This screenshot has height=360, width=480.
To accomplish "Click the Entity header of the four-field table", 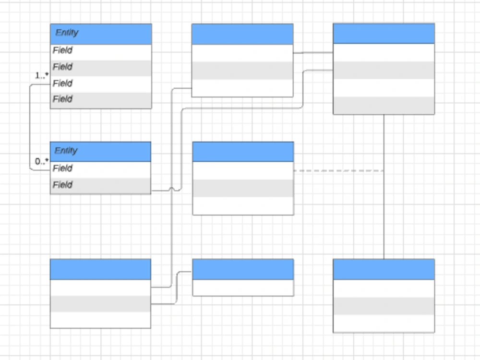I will coord(101,34).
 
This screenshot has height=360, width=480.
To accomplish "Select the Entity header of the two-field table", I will coord(100,151).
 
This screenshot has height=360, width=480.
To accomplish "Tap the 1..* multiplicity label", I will coord(42,75).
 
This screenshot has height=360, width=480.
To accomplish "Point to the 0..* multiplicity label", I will coord(42,162).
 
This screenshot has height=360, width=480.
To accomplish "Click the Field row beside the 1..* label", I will coord(101,84).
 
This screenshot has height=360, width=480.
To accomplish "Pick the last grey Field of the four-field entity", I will coord(101,99).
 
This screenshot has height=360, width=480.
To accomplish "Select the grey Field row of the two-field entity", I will coord(100,185).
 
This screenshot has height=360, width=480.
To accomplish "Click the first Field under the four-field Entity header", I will coord(101,50).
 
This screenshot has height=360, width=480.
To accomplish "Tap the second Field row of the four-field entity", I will coord(101,67).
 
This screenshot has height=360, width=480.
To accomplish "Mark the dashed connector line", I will coord(338,170).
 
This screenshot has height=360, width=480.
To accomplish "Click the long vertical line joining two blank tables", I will coord(384,187).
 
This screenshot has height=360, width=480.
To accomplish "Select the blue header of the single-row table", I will coord(242,269).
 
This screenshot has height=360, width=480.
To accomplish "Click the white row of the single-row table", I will coord(242,288).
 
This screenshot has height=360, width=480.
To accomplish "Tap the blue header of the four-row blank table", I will coord(384,33).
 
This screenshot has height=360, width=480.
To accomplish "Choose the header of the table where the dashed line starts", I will coord(242,151).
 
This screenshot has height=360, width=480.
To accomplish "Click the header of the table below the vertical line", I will coord(384,269).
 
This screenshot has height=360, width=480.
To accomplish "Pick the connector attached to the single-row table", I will coord(177,288).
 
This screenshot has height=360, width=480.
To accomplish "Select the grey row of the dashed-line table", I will coord(242,188).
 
